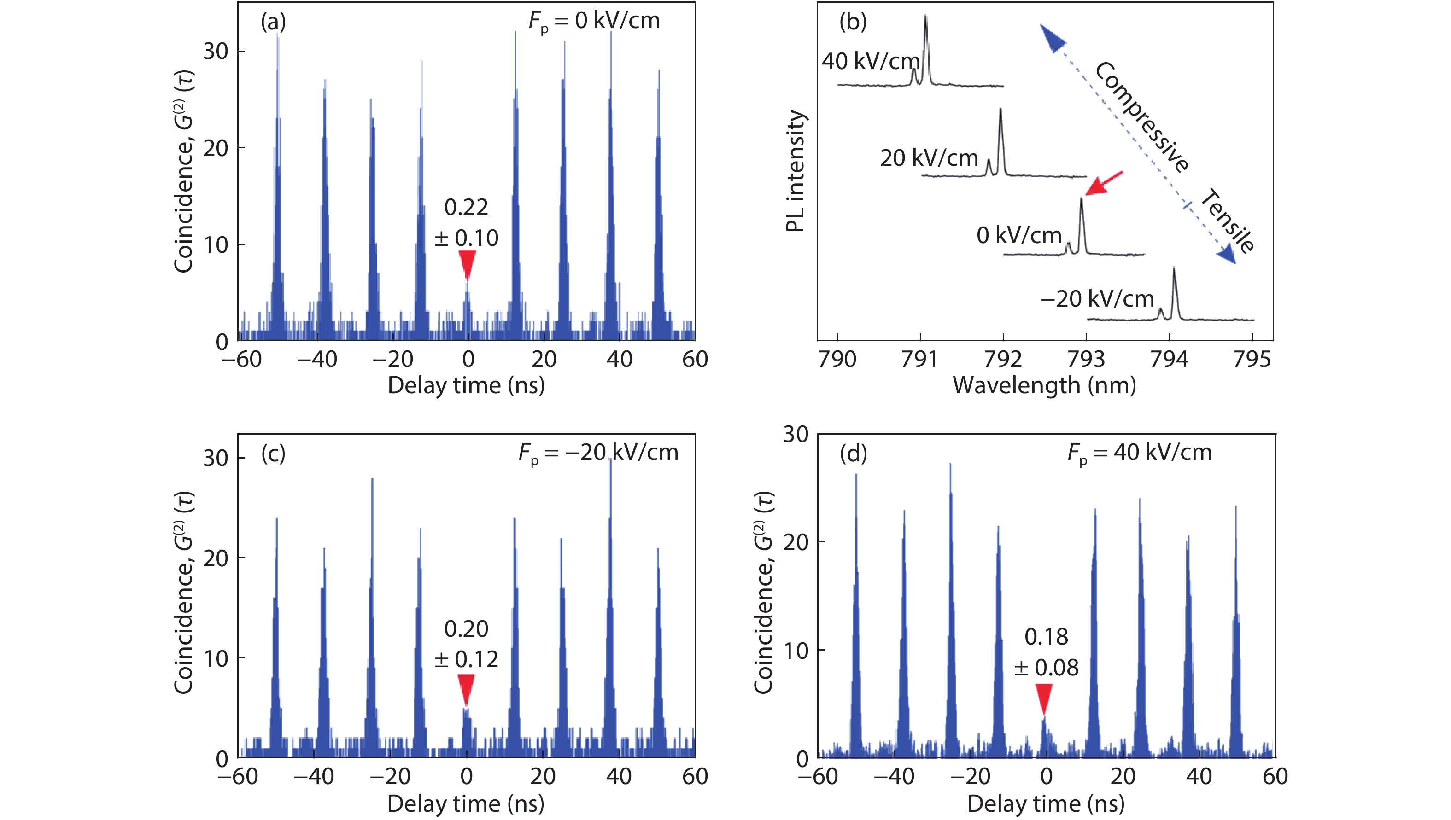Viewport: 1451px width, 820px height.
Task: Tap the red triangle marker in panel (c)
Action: [466, 689]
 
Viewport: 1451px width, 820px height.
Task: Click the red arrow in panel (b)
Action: [1104, 184]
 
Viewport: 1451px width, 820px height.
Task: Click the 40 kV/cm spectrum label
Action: [870, 61]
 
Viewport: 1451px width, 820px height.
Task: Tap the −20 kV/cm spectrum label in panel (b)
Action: [1097, 298]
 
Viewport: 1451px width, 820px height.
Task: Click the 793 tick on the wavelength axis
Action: [1086, 359]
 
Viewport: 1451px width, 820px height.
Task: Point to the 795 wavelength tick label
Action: [1252, 359]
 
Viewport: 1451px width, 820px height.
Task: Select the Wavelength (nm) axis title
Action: [1044, 386]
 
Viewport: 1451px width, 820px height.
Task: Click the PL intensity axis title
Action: [796, 171]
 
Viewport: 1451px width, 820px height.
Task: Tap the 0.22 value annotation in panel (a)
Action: [466, 207]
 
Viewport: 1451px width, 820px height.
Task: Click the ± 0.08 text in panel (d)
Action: [1046, 668]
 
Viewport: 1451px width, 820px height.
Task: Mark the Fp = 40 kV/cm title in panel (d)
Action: [1139, 453]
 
